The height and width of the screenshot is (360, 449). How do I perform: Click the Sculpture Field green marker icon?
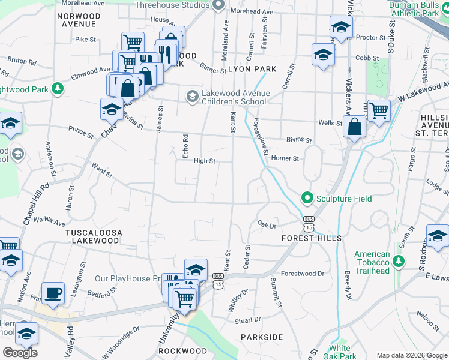click(307, 197)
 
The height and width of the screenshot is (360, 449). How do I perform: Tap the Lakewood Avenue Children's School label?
click(234, 97)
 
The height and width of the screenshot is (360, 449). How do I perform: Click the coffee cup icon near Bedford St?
click(53, 293)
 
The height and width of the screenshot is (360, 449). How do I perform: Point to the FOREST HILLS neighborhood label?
click(312, 238)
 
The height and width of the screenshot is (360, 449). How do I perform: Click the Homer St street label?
click(285, 158)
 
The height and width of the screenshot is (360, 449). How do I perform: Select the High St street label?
click(204, 161)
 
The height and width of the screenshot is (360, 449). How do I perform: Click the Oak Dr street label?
click(267, 226)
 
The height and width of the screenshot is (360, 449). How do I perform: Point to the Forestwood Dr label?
click(306, 274)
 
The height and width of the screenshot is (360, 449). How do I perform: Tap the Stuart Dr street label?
click(249, 319)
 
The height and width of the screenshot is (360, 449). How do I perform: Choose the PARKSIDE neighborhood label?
click(262, 337)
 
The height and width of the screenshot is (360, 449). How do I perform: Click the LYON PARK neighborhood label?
click(252, 69)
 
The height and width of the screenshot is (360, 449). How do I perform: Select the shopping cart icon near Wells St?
click(379, 110)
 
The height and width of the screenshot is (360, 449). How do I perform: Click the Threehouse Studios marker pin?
click(218, 5)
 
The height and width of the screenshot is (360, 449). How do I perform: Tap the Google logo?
click(20, 353)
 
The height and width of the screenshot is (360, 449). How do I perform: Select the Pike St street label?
click(86, 40)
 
